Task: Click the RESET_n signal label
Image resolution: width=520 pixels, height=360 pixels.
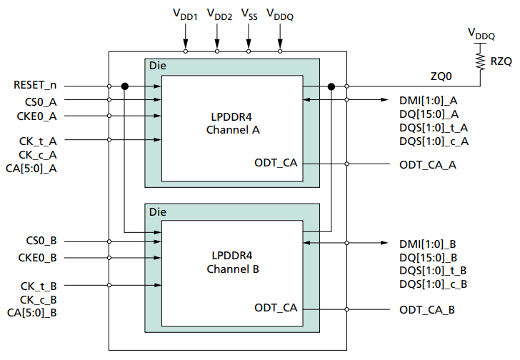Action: tap(35, 86)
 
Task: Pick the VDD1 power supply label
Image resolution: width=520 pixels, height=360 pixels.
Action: tap(185, 13)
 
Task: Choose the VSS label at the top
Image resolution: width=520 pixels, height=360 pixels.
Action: tap(249, 13)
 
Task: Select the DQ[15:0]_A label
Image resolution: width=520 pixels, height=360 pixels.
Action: tap(428, 114)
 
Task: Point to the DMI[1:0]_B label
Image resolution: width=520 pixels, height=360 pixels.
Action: tap(429, 244)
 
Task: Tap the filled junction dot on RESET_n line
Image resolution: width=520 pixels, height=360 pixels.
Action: tap(125, 86)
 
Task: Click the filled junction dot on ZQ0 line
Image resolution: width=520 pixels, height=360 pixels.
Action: tap(331, 86)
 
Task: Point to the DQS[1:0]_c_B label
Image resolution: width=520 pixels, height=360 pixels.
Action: tap(434, 284)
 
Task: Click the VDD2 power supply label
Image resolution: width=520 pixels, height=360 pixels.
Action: tap(217, 13)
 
